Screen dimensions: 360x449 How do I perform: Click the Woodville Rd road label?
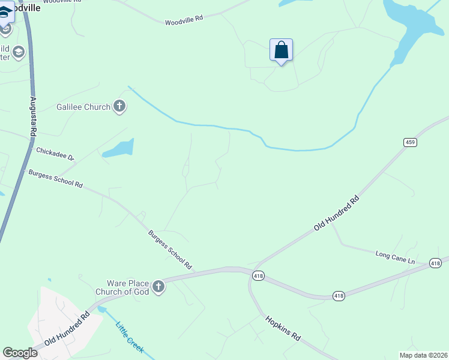click(184, 20)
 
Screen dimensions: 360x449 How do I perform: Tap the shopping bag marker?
click(281, 50)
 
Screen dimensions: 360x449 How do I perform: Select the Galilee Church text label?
click(83, 107)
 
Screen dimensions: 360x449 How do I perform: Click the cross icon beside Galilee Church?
click(119, 107)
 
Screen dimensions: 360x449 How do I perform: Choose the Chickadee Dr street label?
click(55, 154)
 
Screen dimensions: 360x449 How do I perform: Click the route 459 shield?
click(410, 142)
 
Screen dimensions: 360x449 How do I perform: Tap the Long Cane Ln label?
click(395, 257)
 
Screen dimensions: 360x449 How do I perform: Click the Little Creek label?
click(130, 336)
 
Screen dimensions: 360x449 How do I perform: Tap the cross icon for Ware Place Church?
click(158, 287)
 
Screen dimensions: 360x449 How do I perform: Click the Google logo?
click(20, 353)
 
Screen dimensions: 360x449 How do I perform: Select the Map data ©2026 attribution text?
click(423, 355)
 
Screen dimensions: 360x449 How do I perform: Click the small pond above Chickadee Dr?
click(118, 148)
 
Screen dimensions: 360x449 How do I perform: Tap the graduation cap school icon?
click(19, 52)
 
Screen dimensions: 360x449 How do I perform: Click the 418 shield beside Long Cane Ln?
click(436, 263)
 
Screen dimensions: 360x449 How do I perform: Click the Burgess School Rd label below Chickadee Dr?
click(55, 178)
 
